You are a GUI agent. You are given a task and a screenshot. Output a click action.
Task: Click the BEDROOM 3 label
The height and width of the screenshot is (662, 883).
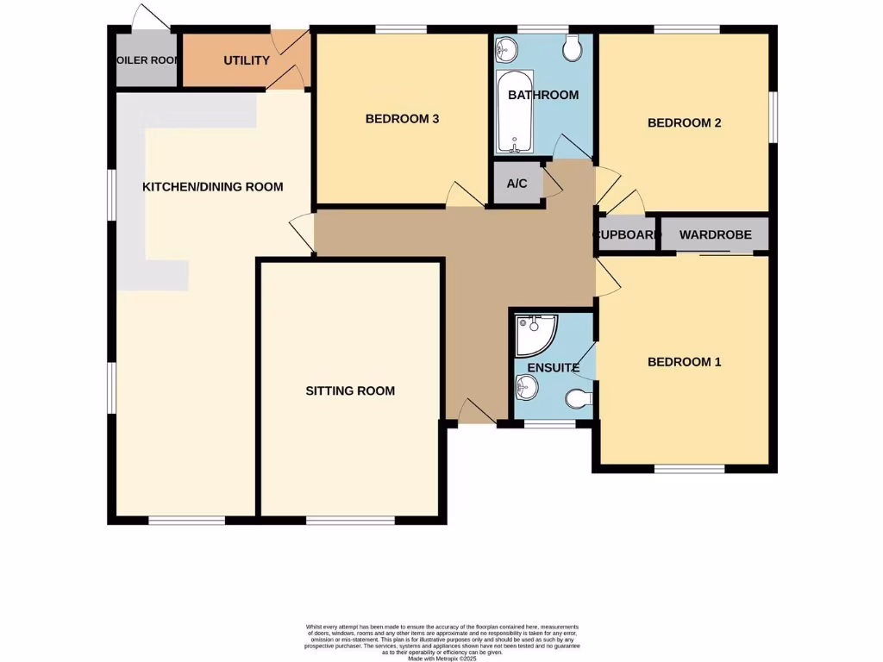click(402, 119)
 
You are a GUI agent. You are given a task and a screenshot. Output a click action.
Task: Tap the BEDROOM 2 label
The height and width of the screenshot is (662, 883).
click(684, 122)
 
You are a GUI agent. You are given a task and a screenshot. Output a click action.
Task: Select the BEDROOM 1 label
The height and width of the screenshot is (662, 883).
click(684, 362)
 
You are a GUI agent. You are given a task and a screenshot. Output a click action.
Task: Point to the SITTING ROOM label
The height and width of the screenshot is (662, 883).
click(350, 390)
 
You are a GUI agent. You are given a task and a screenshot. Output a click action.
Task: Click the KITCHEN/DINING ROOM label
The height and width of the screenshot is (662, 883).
click(212, 186)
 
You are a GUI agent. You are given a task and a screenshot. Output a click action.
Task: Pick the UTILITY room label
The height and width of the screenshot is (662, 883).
click(247, 60)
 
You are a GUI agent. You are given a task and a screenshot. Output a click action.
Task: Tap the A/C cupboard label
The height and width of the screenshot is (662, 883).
click(517, 184)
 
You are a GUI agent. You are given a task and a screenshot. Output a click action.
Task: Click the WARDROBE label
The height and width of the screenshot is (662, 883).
click(715, 234)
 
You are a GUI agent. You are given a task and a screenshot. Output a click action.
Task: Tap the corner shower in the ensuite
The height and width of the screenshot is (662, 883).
click(534, 335)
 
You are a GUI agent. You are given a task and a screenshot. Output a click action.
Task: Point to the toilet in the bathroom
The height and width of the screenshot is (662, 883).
click(572, 49)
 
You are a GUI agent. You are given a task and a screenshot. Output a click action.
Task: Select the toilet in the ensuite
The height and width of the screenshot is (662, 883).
click(579, 398)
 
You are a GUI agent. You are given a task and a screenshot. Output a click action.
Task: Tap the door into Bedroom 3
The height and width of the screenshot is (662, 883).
click(465, 196)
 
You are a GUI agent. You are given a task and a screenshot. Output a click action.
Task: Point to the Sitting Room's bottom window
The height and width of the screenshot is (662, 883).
click(350, 520)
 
